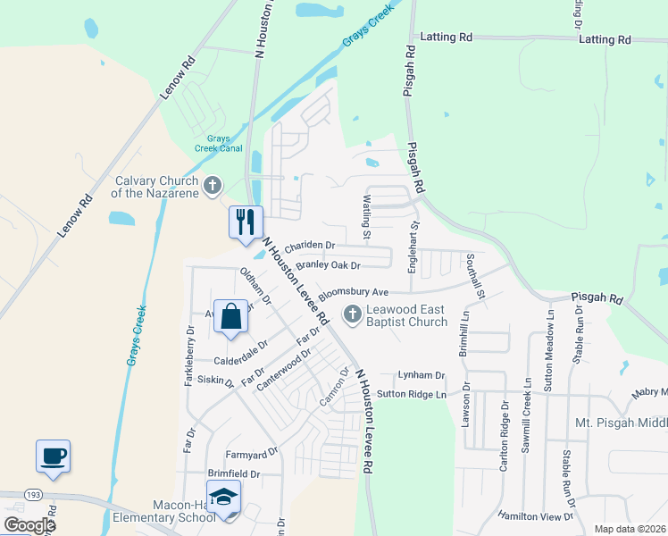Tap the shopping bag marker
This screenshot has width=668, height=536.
pyautogui.click(x=231, y=317)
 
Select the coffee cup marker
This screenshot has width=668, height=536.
pyautogui.click(x=53, y=456)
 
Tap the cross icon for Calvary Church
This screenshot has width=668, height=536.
pyautogui.click(x=212, y=186)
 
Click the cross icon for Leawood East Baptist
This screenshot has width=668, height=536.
pyautogui.click(x=352, y=314)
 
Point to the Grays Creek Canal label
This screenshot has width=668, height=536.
pyautogui.click(x=219, y=144)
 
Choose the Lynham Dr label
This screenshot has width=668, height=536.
pyautogui.click(x=422, y=376)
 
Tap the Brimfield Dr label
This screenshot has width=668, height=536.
pyautogui.click(x=233, y=474)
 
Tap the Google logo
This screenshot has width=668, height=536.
pyautogui.click(x=29, y=525)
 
